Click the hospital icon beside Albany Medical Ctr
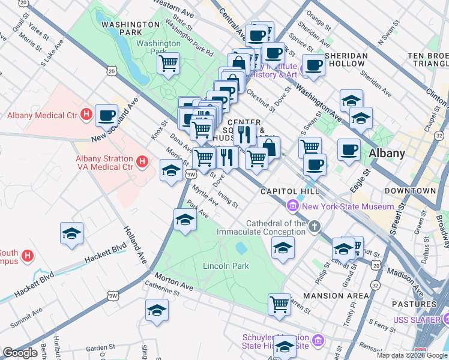tap(86, 113)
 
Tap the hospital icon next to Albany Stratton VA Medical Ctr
tap(142, 161)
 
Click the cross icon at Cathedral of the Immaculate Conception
tap(315, 226)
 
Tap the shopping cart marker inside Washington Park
tap(169, 62)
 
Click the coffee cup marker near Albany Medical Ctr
tap(106, 115)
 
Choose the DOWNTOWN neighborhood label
tap(411, 190)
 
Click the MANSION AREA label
tap(336, 296)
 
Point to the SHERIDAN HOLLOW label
tap(346, 59)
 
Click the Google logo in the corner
tap(20, 353)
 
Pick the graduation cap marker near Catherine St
tap(157, 310)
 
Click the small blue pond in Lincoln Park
tap(241, 247)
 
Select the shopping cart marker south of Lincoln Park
tap(279, 304)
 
